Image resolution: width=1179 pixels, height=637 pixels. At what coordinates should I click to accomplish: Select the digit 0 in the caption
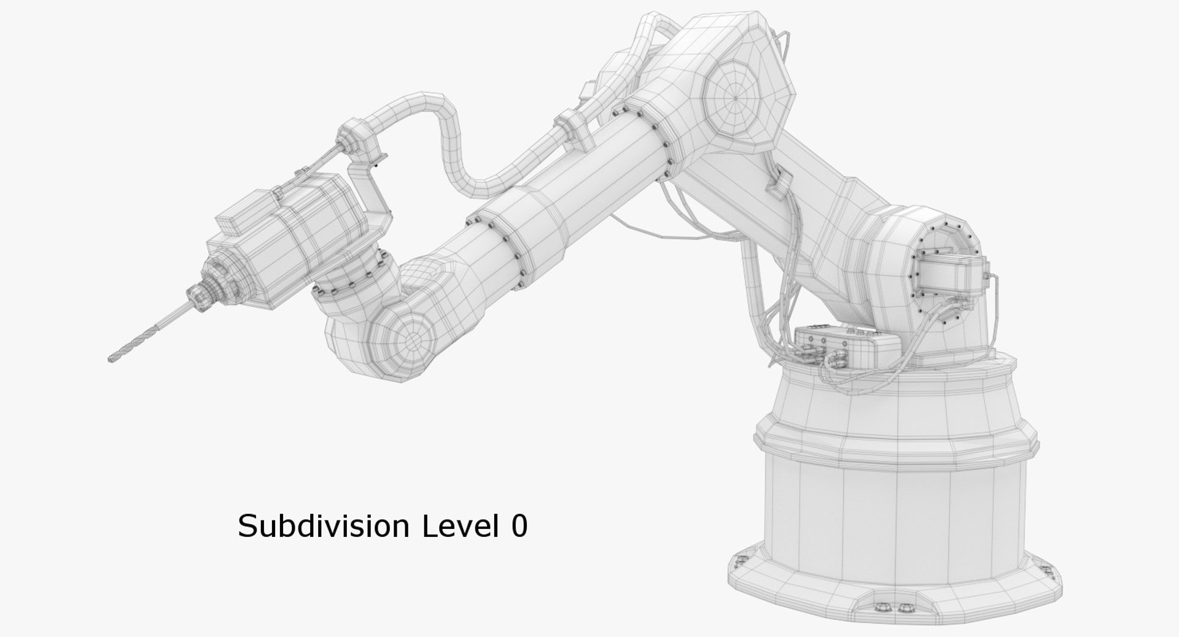coord(519,526)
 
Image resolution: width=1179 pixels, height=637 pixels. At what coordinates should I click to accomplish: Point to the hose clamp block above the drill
coord(356,138)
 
